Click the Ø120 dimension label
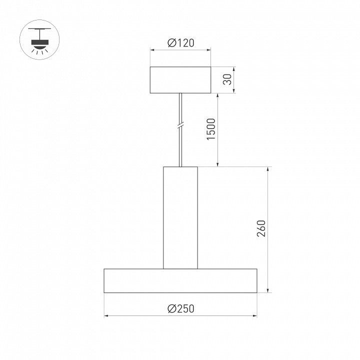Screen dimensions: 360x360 [181, 43]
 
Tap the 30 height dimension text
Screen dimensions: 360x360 [227, 79]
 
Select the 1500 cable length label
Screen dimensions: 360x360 [211, 129]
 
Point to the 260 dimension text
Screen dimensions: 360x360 [261, 228]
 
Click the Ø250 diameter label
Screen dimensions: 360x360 [181, 308]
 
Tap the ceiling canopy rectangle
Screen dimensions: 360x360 [180, 80]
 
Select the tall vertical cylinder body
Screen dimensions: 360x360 [180, 217]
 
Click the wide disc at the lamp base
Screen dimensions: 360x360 [180, 281]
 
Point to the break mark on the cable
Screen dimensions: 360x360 [180, 126]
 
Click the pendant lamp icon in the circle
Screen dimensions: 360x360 [39, 40]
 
